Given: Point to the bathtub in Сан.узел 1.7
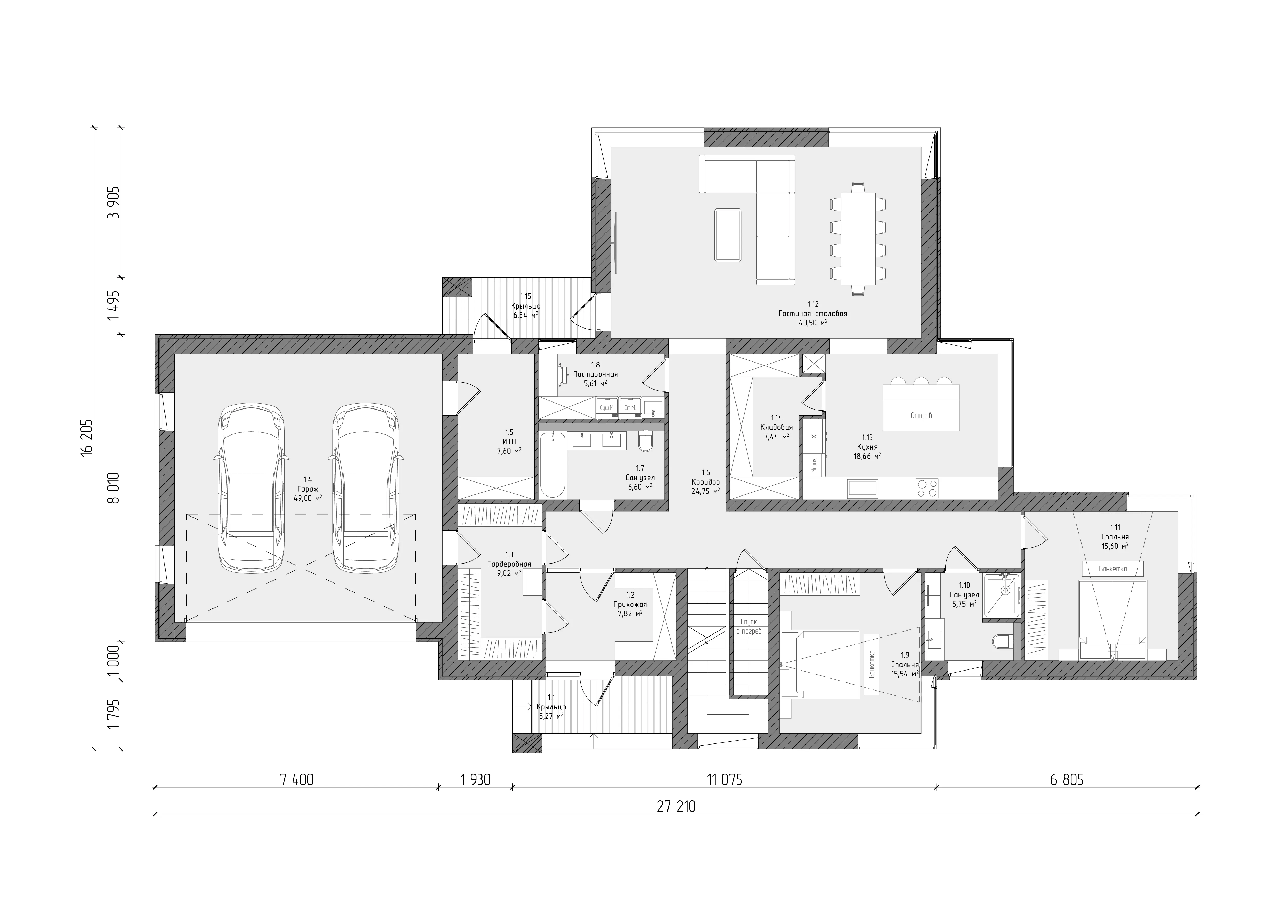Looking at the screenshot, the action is click(x=553, y=465).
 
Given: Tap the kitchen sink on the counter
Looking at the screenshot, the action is click(x=863, y=488).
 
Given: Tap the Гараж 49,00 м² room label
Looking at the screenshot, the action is click(x=308, y=488).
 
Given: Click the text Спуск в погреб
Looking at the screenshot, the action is click(x=749, y=626).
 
